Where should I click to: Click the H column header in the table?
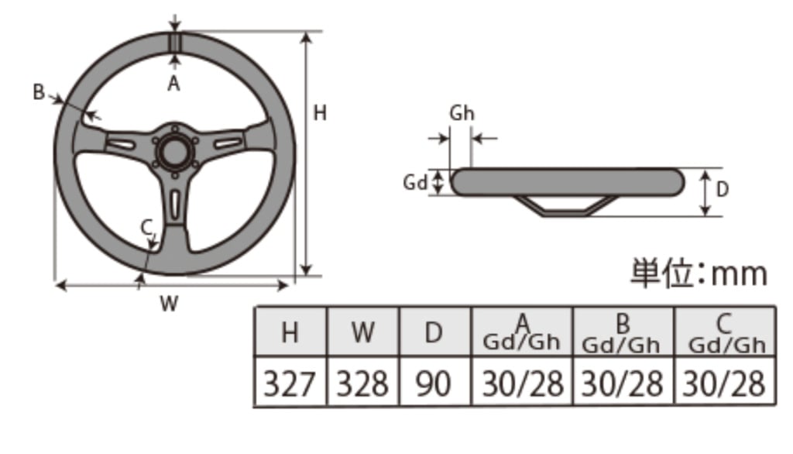point(290,332)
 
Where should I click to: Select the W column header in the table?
point(362,332)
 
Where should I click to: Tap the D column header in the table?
point(434,332)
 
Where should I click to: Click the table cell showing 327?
point(290,383)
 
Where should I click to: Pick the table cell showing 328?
point(362,383)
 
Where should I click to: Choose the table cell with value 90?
point(434,383)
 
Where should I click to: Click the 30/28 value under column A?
point(522,383)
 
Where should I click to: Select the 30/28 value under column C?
point(725,383)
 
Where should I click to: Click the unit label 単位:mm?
point(698,273)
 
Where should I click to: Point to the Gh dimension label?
point(462,113)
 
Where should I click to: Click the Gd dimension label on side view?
point(415,183)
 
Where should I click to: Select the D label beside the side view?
point(723,188)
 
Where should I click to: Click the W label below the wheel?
point(169,304)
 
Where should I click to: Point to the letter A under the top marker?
point(173,84)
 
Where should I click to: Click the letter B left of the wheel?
point(39,92)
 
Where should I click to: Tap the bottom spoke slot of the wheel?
point(176,204)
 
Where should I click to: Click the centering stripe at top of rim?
point(176,42)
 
